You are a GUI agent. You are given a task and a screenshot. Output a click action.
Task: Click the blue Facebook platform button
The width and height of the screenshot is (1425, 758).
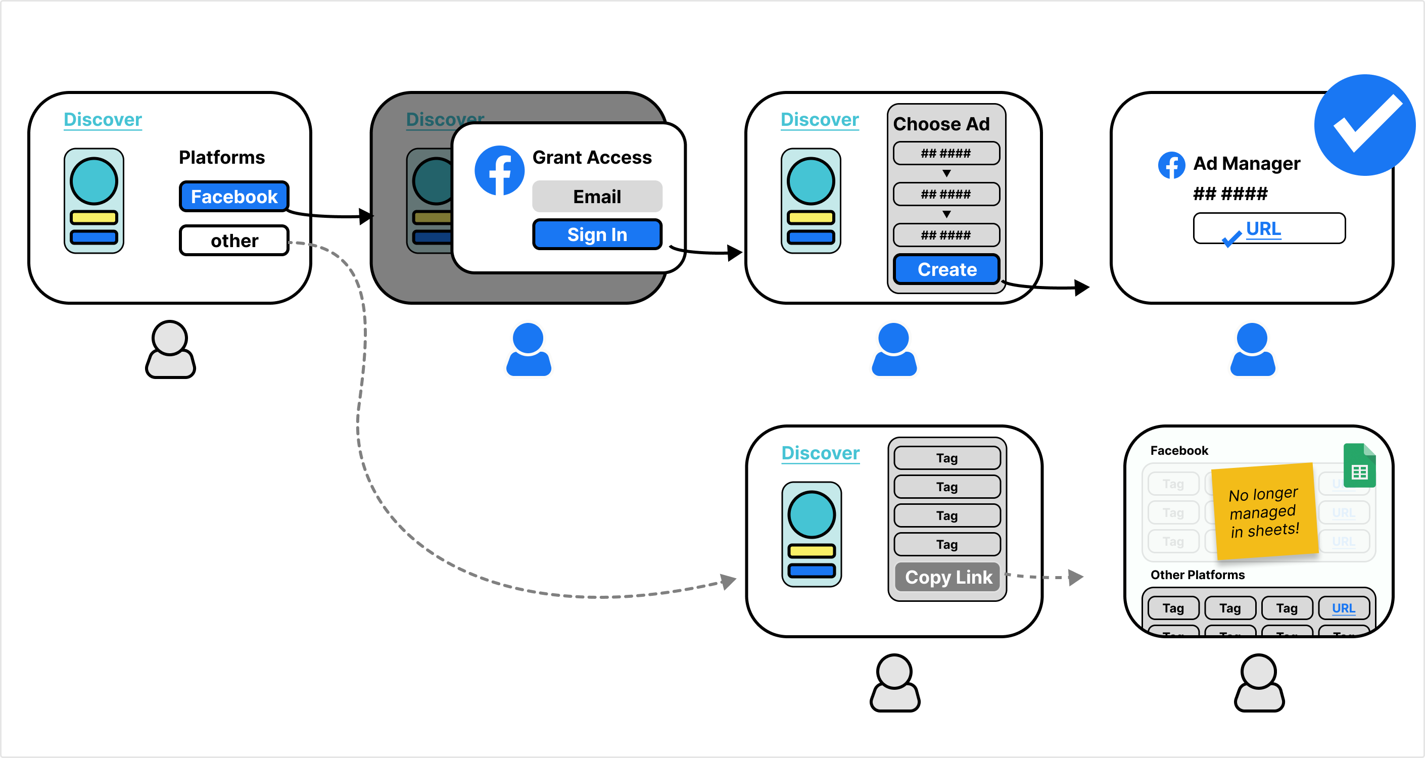(234, 197)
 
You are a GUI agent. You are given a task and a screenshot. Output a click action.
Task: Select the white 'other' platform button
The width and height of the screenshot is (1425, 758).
(234, 241)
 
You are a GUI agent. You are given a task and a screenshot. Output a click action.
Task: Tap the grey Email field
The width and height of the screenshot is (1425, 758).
(597, 197)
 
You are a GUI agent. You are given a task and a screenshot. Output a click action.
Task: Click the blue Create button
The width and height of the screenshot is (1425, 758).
(946, 269)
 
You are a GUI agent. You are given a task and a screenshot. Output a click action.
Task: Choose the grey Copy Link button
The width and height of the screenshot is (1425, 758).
(947, 577)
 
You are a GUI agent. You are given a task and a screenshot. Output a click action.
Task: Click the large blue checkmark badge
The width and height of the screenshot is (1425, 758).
(1364, 125)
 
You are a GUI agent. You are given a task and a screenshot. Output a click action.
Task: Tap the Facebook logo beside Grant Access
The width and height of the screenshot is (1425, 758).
(499, 170)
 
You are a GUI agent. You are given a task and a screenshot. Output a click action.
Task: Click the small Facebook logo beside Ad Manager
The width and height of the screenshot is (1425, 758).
(1171, 165)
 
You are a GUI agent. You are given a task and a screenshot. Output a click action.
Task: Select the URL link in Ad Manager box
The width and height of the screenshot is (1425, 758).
(1263, 228)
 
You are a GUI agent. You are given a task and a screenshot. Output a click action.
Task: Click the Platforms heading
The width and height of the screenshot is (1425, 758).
(222, 158)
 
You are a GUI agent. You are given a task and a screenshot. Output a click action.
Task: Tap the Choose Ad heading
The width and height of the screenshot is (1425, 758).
(941, 124)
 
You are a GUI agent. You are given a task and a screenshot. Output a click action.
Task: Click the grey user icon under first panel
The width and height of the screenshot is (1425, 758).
(170, 350)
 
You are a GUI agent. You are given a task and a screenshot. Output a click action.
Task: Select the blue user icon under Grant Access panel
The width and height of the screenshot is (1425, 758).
(528, 350)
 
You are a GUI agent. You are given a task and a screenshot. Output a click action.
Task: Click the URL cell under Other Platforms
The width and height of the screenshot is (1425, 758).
(1343, 608)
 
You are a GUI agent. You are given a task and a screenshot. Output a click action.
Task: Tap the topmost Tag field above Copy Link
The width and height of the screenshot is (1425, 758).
(946, 458)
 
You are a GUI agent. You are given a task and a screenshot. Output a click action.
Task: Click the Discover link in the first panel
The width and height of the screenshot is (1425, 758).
(103, 119)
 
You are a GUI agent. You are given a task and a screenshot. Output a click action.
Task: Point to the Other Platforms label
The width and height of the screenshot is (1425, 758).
(1197, 575)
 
